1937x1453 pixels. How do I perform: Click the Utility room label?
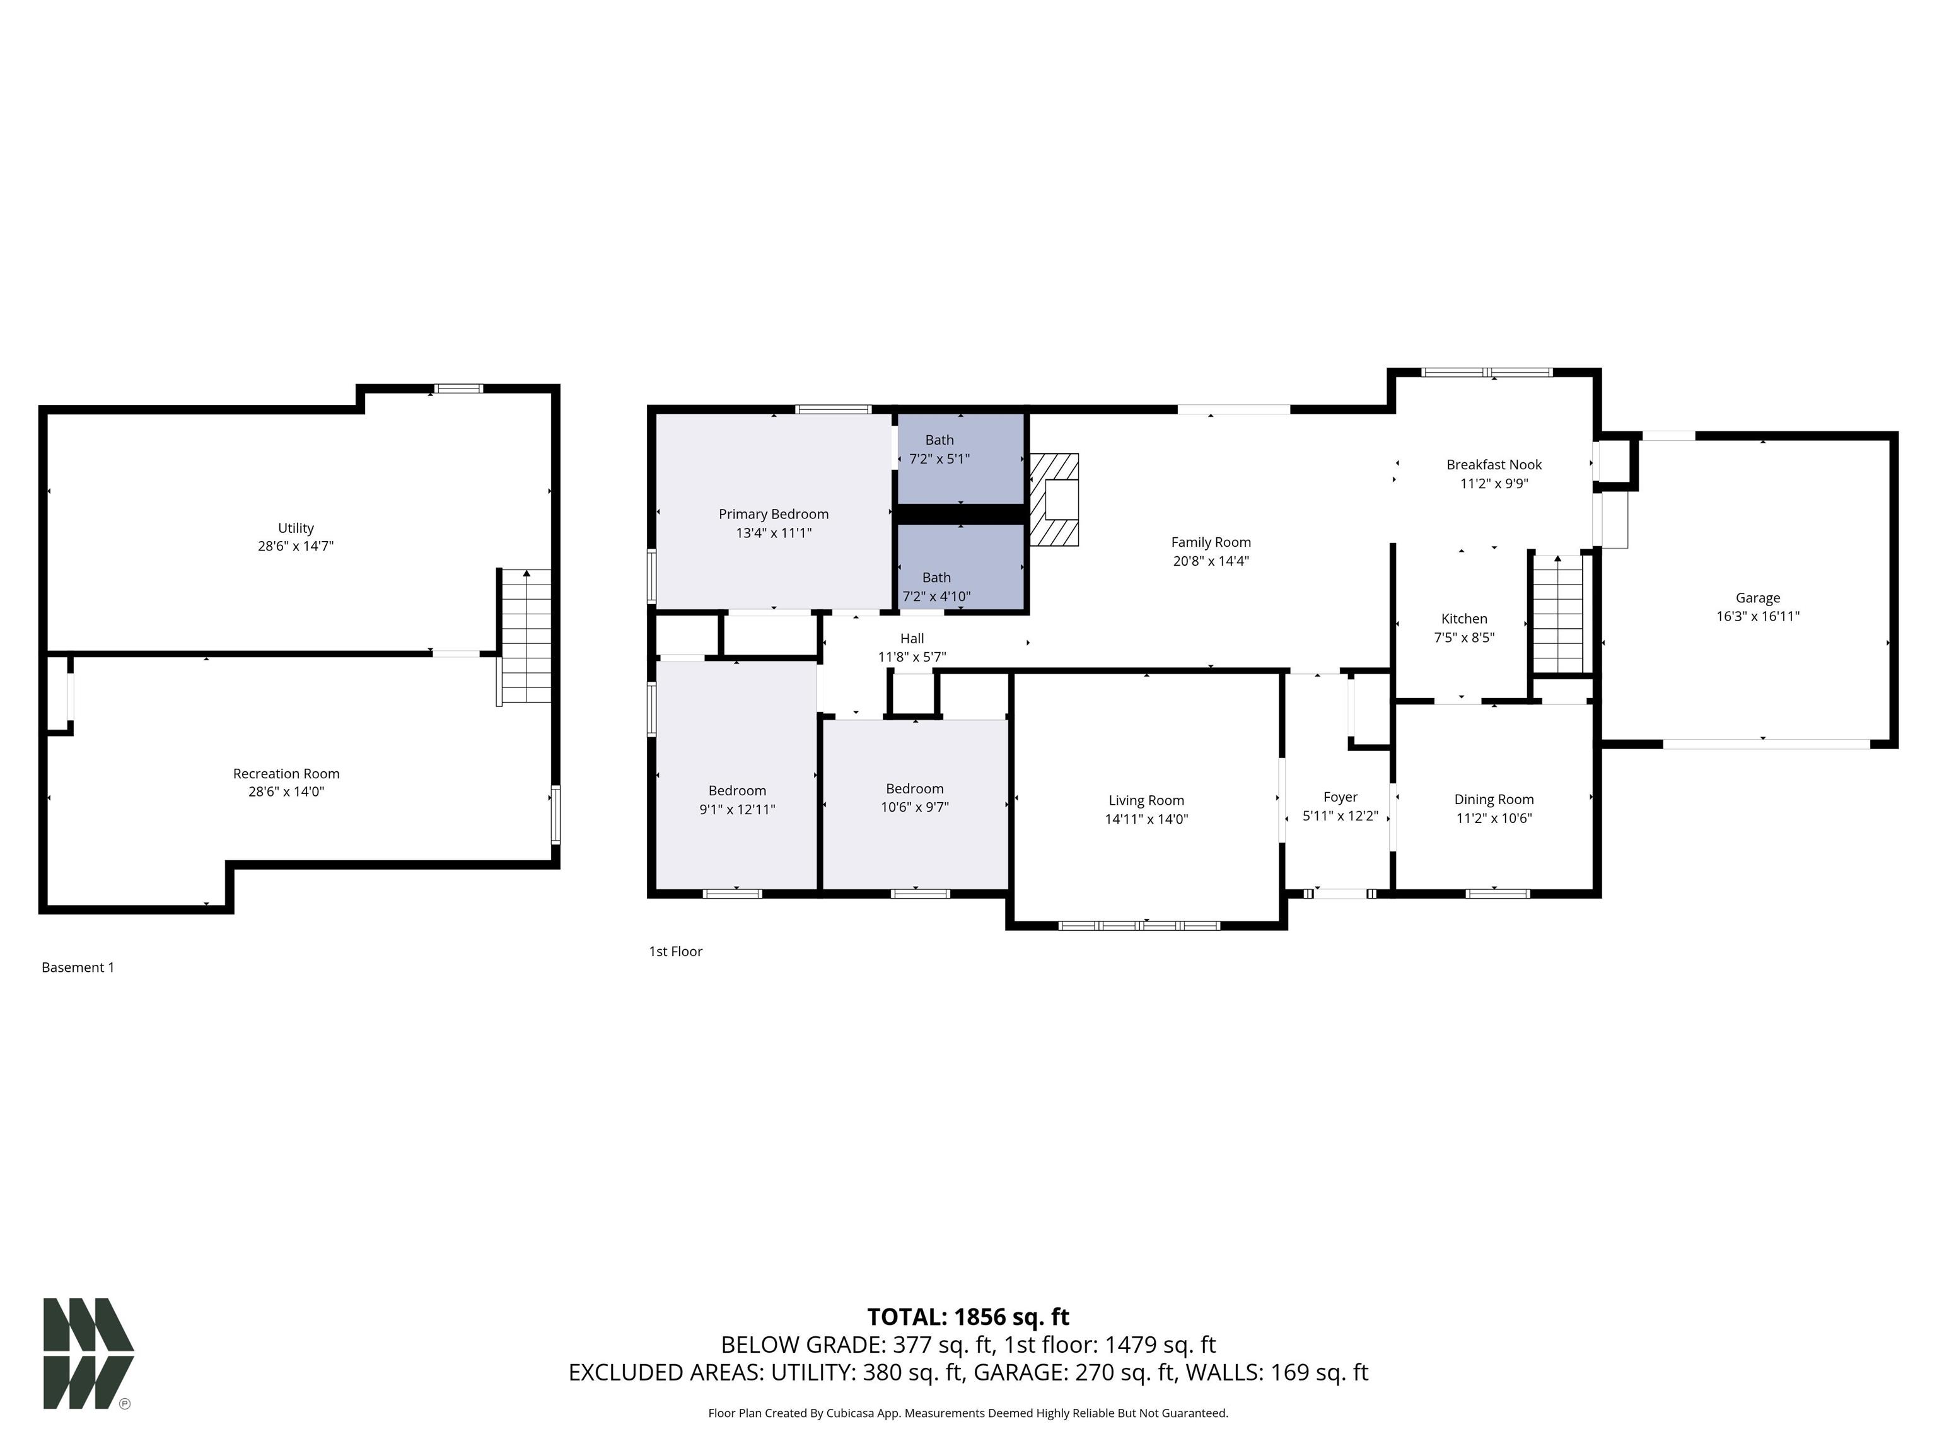pyautogui.click(x=295, y=528)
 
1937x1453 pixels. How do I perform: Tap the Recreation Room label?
pyautogui.click(x=286, y=773)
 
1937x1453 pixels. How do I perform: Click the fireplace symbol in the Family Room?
pyautogui.click(x=1054, y=499)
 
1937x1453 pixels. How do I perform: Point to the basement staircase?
pyautogui.click(x=525, y=637)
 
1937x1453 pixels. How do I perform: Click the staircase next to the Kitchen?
pyautogui.click(x=1558, y=613)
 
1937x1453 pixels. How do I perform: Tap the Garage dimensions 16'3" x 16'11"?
pyautogui.click(x=1757, y=616)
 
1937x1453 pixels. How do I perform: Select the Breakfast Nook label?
pyautogui.click(x=1494, y=464)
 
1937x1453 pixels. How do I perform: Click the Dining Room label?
pyautogui.click(x=1494, y=799)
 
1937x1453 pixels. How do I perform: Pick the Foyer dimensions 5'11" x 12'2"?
pyautogui.click(x=1341, y=815)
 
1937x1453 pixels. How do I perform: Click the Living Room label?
pyautogui.click(x=1146, y=800)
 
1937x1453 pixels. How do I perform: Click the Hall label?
pyautogui.click(x=912, y=638)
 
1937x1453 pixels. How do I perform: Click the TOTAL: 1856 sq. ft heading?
pyautogui.click(x=968, y=1317)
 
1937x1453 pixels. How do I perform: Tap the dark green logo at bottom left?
pyautogui.click(x=88, y=1353)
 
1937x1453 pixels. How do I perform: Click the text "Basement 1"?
pyautogui.click(x=78, y=968)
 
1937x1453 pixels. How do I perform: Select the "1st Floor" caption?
pyautogui.click(x=675, y=951)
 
